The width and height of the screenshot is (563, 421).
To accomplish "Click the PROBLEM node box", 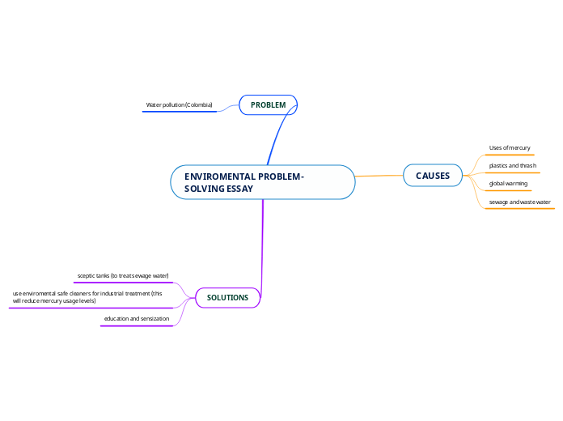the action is pos(269,105).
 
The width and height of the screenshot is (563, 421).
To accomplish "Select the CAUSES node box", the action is pos(433,176).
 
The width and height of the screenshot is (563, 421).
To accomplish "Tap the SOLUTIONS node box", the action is pos(227,298).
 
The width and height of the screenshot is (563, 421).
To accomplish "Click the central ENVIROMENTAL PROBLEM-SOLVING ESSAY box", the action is pos(263,182).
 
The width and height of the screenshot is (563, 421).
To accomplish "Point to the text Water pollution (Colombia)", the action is pos(179,105).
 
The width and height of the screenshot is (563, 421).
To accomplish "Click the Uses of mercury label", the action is pos(510,148).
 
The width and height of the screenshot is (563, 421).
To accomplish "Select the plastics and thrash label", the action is pos(513,166).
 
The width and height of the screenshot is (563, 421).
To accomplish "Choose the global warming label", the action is pos(508,184).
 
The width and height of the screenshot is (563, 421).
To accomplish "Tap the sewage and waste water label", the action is pos(519,202).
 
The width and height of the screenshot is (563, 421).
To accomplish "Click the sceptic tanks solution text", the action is pos(123,276).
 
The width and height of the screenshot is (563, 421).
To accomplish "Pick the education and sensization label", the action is pos(137,319).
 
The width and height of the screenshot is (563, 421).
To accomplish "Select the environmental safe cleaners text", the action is pos(87,297).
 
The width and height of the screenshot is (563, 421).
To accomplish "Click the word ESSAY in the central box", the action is pos(239,189).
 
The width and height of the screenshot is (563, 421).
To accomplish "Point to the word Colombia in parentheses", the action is pos(198,105).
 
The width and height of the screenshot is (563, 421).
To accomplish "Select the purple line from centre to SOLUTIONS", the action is pos(263,243).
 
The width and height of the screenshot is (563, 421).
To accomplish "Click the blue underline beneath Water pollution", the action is pos(180,112).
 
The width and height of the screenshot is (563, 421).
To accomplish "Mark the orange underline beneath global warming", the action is pos(509,190).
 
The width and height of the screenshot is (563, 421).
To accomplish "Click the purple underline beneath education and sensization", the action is pos(137,325).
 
